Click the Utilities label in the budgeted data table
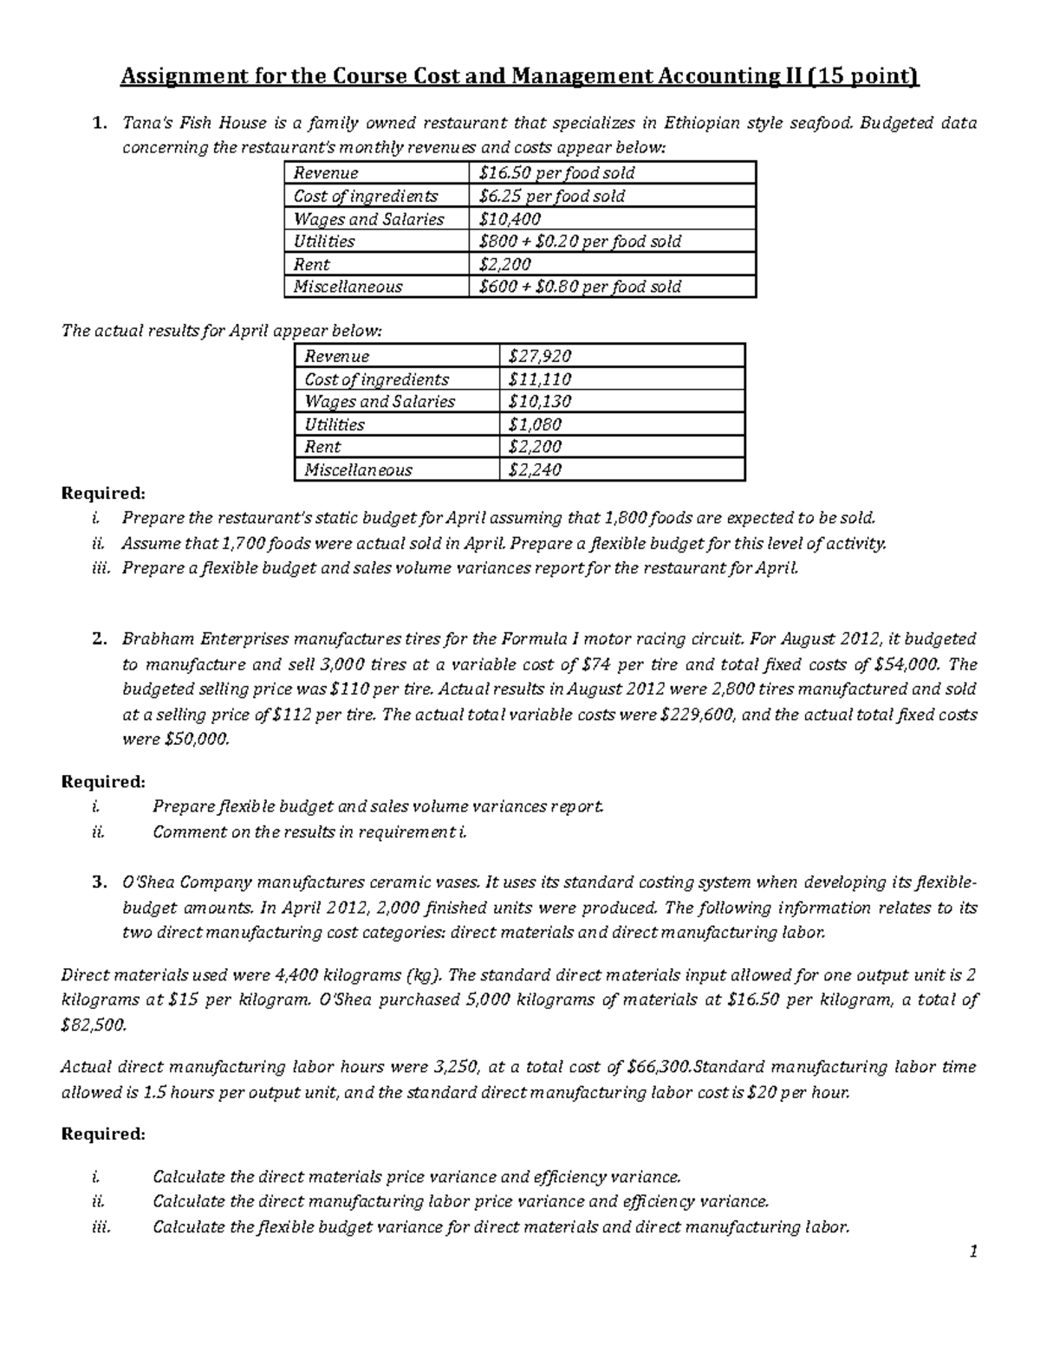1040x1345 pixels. tap(324, 242)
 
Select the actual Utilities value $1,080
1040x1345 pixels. tap(535, 424)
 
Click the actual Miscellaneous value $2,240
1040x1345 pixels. tap(535, 470)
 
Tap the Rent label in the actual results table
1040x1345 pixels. tap(322, 447)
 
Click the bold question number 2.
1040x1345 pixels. tap(99, 640)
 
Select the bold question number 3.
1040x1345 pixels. tap(99, 883)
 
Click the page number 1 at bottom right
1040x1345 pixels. tap(973, 1251)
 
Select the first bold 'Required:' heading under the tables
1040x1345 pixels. tap(103, 494)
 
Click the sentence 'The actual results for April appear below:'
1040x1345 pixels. tap(221, 331)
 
